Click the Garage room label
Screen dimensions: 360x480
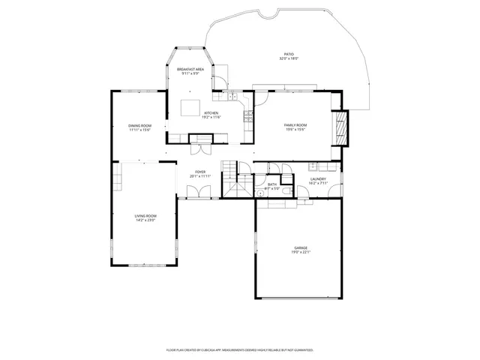click(x=301, y=247)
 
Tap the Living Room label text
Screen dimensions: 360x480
click(x=145, y=215)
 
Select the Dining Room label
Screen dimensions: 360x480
click(x=139, y=125)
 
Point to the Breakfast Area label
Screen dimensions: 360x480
click(x=190, y=69)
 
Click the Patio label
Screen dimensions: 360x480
click(x=289, y=53)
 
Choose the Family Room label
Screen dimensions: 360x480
click(x=294, y=124)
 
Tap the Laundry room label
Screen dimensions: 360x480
click(x=318, y=178)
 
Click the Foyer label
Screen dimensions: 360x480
click(x=200, y=172)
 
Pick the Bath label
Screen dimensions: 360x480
click(x=272, y=184)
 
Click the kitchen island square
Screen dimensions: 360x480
click(x=190, y=108)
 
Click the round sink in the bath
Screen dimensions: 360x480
click(x=259, y=192)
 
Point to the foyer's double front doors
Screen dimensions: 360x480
click(x=188, y=192)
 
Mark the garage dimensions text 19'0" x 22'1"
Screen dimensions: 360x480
click(x=301, y=252)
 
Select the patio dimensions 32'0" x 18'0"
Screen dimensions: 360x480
click(x=289, y=58)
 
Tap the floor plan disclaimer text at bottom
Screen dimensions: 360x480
click(x=240, y=349)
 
